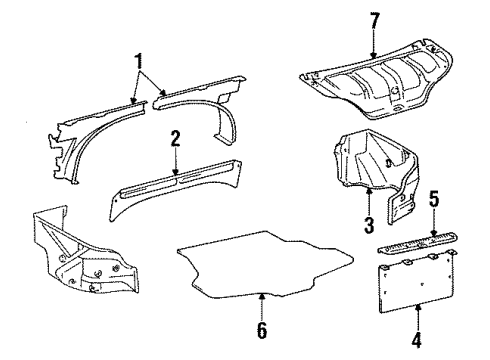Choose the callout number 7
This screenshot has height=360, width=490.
(374, 20)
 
